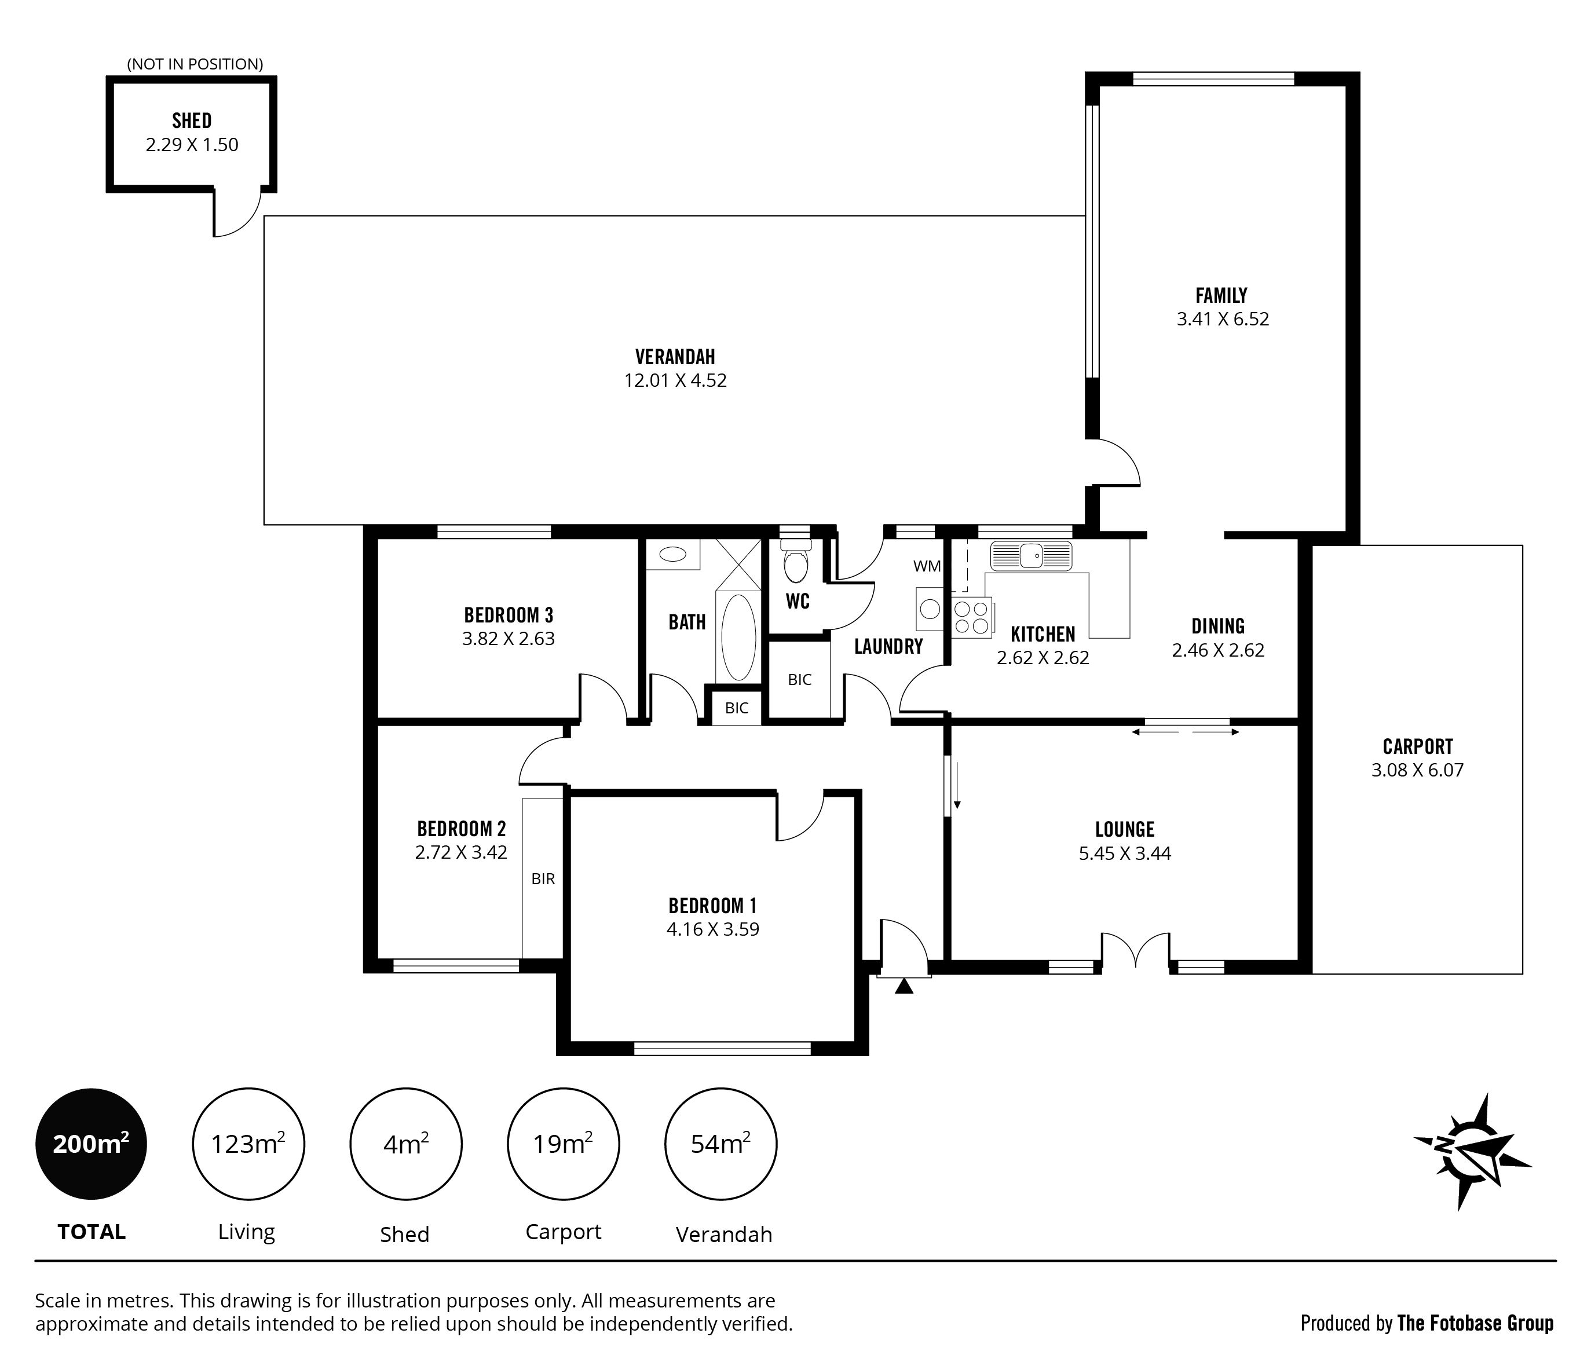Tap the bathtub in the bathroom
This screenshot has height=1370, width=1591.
(738, 637)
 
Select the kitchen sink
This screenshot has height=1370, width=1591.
(1030, 556)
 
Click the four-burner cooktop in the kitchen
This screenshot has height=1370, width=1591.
(971, 618)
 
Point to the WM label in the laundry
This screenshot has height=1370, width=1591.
(927, 566)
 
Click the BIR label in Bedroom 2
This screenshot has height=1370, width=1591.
(543, 879)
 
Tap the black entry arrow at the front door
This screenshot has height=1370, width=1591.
(905, 986)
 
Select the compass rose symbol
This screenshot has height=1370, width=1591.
(1472, 1151)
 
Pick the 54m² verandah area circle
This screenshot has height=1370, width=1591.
(720, 1144)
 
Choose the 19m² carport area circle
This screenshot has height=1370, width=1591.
(563, 1144)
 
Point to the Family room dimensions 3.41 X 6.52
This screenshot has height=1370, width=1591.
(1223, 318)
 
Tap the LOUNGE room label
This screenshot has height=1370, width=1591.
(1125, 829)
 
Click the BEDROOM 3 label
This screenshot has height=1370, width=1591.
(509, 615)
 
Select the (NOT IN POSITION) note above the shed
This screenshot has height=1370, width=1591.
(195, 64)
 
